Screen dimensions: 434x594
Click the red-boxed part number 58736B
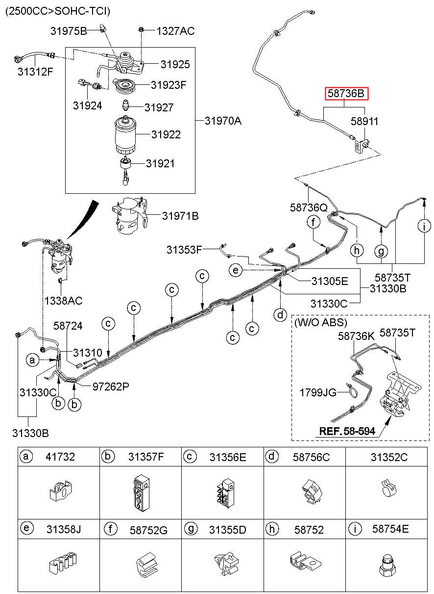click(346, 93)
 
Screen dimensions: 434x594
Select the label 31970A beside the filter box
click(223, 121)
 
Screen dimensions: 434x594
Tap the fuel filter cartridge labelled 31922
click(125, 135)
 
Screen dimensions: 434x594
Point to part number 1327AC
click(175, 31)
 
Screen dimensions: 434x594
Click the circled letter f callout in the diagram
click(313, 222)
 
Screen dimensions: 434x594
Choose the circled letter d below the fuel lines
click(280, 315)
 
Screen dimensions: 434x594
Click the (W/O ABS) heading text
click(321, 322)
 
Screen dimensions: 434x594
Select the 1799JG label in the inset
click(318, 392)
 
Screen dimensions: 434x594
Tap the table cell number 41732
click(60, 457)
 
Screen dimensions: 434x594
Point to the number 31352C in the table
click(389, 457)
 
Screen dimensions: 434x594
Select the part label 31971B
click(180, 216)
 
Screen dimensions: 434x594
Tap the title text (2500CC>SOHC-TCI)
click(58, 11)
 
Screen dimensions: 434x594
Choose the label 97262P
click(111, 387)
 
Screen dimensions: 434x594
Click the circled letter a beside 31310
click(32, 360)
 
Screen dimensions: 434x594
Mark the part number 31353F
click(184, 250)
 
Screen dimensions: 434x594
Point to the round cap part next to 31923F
click(124, 86)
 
